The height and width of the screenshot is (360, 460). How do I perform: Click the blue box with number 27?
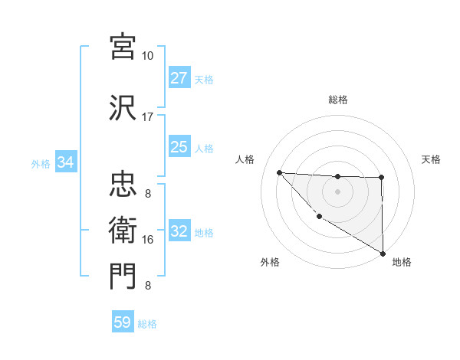pyautogui.click(x=179, y=79)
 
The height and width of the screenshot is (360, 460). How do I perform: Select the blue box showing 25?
pyautogui.click(x=179, y=148)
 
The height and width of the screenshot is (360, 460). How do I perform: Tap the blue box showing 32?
pyautogui.click(x=179, y=232)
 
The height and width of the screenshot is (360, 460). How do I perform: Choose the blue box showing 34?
pyautogui.click(x=65, y=163)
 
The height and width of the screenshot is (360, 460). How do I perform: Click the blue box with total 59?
pyautogui.click(x=123, y=322)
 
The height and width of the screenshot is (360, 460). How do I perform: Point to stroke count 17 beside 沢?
pyautogui.click(x=147, y=117)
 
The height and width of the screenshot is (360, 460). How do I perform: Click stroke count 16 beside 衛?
pyautogui.click(x=148, y=240)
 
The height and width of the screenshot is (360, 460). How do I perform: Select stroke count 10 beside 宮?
pyautogui.click(x=147, y=56)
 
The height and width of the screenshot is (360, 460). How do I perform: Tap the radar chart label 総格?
pyautogui.click(x=338, y=100)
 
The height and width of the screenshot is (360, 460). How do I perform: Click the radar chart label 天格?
pyautogui.click(x=431, y=159)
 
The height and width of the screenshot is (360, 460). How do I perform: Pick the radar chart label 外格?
pyautogui.click(x=270, y=262)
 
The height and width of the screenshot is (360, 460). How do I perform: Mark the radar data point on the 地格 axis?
pyautogui.click(x=382, y=253)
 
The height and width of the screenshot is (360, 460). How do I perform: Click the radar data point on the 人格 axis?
pyautogui.click(x=279, y=172)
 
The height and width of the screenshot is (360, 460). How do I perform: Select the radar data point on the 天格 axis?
pyautogui.click(x=381, y=178)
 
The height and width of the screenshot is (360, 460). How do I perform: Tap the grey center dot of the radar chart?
pyautogui.click(x=337, y=191)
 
